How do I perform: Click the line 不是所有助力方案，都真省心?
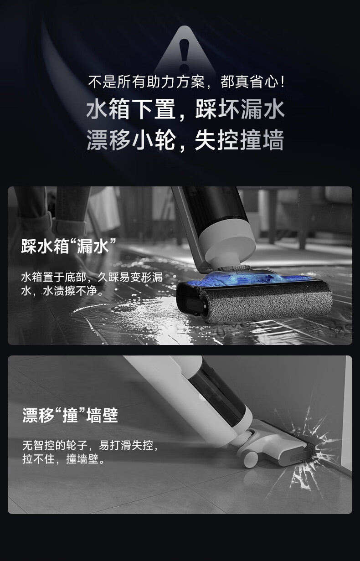(x=186, y=82)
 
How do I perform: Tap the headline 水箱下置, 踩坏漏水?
(x=185, y=109)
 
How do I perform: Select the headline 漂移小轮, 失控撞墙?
(x=185, y=140)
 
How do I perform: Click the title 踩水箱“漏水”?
(x=69, y=247)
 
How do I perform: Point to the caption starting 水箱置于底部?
(x=92, y=284)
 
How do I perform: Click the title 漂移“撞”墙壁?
(x=70, y=416)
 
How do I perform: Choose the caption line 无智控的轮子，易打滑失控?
(x=90, y=445)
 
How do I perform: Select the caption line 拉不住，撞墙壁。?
(x=64, y=459)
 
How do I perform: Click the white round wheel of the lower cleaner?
(x=251, y=459)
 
